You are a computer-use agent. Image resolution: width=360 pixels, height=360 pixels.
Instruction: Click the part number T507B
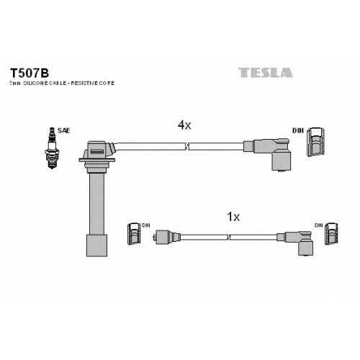30,73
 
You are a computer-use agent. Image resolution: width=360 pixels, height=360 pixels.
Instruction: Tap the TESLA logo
266,73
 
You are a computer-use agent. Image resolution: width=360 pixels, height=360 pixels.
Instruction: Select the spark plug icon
52,148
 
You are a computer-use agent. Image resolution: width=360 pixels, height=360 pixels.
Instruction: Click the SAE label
64,131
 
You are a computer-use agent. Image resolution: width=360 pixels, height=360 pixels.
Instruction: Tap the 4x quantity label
184,125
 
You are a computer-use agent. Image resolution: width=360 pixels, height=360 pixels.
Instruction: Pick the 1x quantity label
233,217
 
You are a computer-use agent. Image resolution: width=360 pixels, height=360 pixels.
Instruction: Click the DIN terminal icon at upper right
316,142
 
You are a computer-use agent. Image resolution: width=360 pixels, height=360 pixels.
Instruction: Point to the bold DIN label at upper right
298,131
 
